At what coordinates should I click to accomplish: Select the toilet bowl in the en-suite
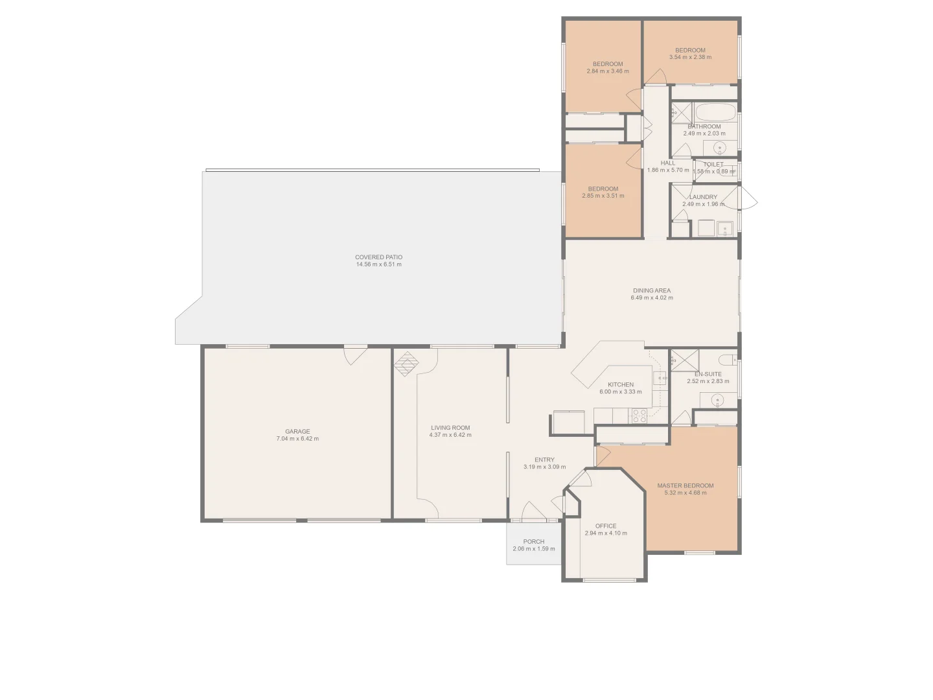728,359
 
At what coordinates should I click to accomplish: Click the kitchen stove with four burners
639,415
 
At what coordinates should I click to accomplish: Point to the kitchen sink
660,377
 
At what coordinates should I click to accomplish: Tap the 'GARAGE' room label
297,431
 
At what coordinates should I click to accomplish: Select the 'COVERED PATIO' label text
378,257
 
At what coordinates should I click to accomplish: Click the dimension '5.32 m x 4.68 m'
685,493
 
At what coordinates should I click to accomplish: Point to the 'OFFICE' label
606,526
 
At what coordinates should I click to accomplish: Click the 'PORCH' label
534,542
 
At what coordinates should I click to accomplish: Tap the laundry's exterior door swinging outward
748,197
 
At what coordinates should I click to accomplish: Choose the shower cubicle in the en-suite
681,359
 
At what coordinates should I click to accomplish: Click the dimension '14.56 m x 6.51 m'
378,264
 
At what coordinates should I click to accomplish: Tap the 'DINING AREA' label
652,290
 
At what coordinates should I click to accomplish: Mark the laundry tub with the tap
725,228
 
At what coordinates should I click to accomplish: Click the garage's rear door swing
355,356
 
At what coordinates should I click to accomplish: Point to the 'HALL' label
667,163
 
